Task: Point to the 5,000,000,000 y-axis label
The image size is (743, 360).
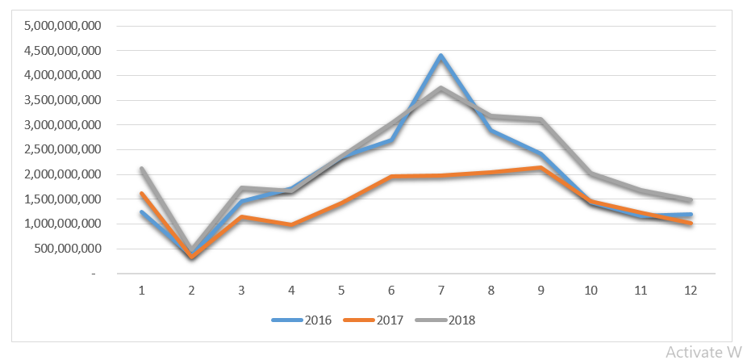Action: tap(63, 26)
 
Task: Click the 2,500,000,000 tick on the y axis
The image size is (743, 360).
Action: tap(63, 149)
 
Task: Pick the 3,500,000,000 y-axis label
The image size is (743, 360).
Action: tap(63, 100)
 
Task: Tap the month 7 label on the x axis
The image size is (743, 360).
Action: tap(440, 290)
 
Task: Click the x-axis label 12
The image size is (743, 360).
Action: tap(690, 290)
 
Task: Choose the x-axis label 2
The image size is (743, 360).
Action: tap(192, 290)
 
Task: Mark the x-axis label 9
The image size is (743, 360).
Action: tap(541, 290)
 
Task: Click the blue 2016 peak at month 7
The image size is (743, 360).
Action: tap(440, 56)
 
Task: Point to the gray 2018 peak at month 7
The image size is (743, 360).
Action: tap(440, 88)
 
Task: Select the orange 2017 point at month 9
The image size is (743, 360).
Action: tap(541, 168)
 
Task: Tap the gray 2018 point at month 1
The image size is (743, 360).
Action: tap(142, 169)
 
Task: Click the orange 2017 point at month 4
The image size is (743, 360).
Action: tap(291, 225)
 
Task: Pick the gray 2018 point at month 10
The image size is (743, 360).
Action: tap(591, 174)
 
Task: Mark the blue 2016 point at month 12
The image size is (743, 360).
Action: tap(690, 215)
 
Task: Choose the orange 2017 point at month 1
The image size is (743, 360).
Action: tap(142, 194)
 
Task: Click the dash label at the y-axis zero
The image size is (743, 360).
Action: tap(93, 274)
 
